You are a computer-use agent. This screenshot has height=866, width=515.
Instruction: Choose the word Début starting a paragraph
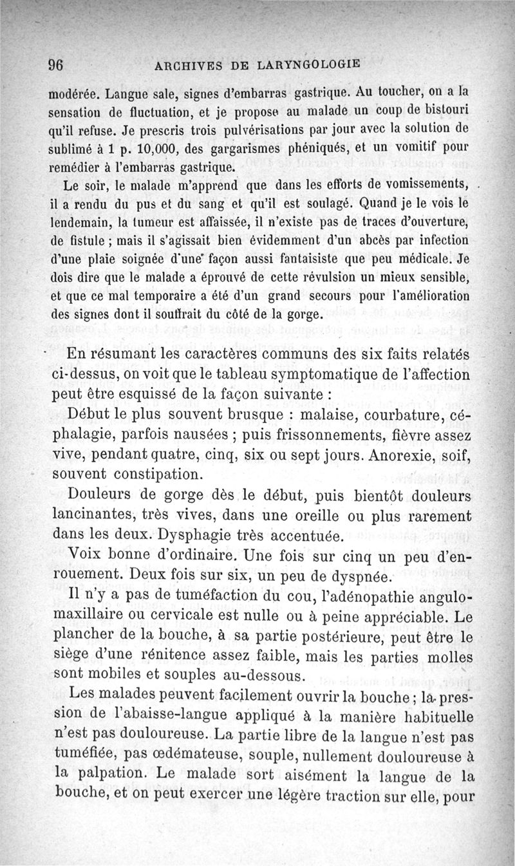point(90,413)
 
